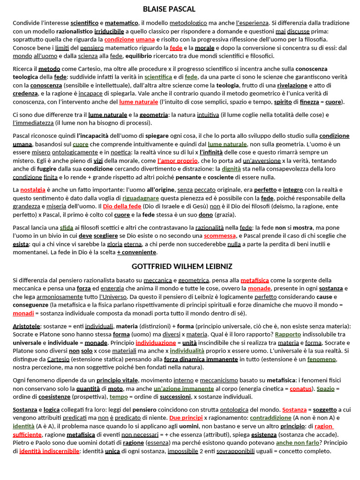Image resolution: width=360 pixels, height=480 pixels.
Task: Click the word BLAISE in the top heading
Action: click(x=154, y=9)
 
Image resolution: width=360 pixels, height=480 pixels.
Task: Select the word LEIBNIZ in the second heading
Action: click(x=217, y=266)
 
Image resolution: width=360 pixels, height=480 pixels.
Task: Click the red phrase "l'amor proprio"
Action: click(x=178, y=161)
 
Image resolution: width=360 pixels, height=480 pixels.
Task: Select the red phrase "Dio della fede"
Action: click(x=122, y=206)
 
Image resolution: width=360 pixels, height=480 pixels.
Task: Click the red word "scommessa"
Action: click(x=220, y=236)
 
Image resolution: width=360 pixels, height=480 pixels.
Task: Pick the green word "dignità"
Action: click(x=231, y=169)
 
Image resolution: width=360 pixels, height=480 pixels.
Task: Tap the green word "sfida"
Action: click(x=67, y=227)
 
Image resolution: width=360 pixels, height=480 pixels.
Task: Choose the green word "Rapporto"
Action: click(x=288, y=334)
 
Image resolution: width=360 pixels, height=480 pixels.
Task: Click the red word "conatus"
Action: click(x=300, y=389)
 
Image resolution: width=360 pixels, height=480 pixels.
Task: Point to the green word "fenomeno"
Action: click(x=322, y=360)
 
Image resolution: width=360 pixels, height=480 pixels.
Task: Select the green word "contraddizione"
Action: click(x=270, y=418)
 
